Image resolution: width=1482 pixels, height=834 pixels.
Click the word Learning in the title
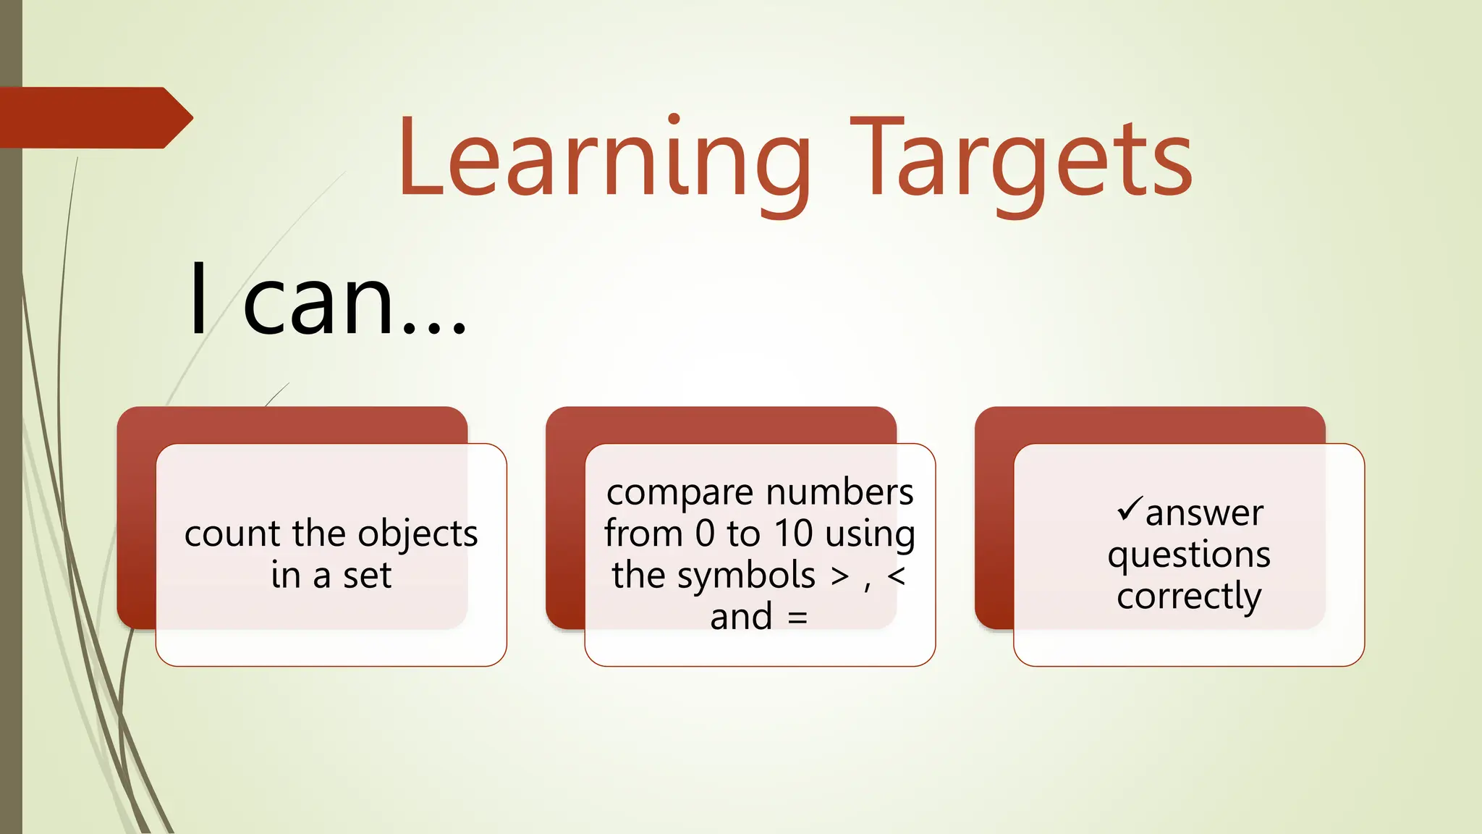tap(604, 161)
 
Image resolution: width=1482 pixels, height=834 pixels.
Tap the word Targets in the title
tap(1021, 161)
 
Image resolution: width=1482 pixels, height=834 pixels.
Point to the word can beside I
tap(318, 300)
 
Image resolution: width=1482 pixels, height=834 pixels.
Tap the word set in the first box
tap(367, 576)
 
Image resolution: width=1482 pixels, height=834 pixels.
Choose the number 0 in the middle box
tap(705, 534)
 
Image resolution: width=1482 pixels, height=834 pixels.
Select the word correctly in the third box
tap(1189, 597)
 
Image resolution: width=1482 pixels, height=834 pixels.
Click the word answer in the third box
tap(1204, 513)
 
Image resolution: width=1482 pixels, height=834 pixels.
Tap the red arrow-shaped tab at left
tap(94, 118)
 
